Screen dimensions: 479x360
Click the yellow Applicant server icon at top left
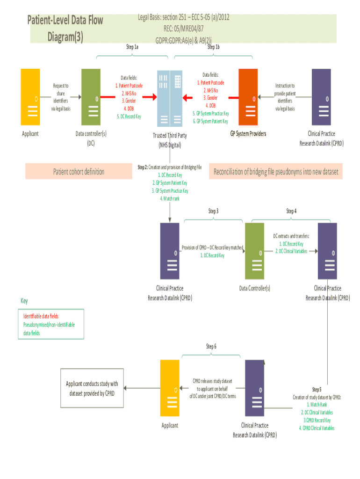30,97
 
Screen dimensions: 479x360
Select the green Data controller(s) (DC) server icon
91,97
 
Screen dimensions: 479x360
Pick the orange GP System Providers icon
248,97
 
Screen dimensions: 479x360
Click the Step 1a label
132,47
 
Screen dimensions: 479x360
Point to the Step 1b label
214,47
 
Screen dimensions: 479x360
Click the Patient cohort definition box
79,171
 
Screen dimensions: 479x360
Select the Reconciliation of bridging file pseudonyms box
276,171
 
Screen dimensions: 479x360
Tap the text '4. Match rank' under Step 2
170,198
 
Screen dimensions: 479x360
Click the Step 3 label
213,211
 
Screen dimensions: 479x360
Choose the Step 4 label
291,211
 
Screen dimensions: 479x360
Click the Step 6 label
211,346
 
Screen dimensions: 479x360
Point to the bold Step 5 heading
317,389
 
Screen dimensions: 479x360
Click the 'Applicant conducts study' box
92,388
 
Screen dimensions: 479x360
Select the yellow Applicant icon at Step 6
170,388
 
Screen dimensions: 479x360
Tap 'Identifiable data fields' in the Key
41,316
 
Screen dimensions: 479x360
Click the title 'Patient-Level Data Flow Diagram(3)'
65,28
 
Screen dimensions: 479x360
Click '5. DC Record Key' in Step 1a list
129,116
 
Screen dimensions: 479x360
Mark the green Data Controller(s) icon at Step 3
254,251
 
